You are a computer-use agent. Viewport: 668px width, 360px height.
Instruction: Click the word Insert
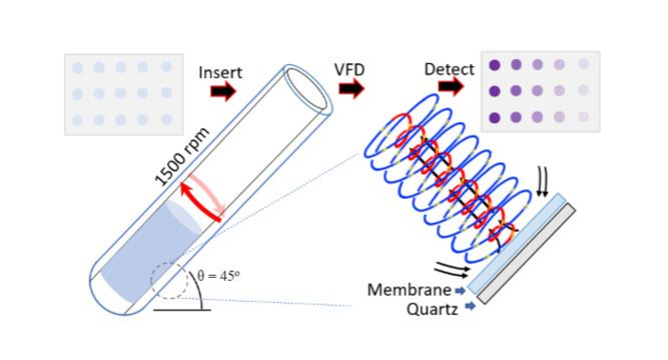tap(220, 73)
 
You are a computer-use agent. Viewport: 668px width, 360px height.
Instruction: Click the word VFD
tap(350, 70)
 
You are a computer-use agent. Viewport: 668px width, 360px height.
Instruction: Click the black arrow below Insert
tap(222, 92)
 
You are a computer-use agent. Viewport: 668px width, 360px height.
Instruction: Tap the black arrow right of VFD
tap(351, 89)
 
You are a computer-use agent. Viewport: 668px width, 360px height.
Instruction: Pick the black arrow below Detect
tap(450, 88)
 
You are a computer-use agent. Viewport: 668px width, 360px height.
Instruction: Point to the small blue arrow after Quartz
tap(470, 307)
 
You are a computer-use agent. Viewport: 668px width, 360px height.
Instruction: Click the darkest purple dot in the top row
tap(495, 65)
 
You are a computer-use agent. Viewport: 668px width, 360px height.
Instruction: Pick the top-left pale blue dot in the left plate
tap(78, 68)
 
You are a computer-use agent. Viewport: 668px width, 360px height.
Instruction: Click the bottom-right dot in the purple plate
tap(583, 118)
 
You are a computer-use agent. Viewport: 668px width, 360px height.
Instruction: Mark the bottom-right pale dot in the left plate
tap(167, 119)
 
